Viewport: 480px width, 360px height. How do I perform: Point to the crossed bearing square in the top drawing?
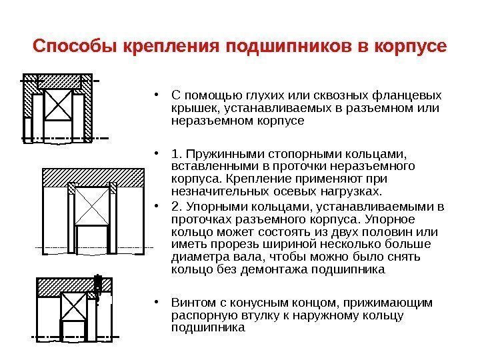coord(58,105)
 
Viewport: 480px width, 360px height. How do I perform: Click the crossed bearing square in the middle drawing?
coord(93,207)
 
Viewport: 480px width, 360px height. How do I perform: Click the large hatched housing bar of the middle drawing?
coord(93,176)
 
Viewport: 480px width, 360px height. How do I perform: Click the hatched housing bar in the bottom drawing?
coord(65,286)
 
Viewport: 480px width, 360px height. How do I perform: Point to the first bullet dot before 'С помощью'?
coord(155,93)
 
